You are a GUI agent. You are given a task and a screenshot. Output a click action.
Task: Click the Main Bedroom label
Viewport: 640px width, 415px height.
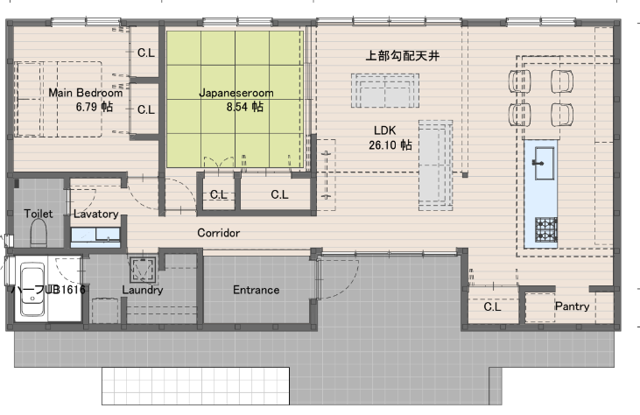point(85,93)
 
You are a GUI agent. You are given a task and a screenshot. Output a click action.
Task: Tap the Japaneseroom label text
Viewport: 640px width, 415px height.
point(236,93)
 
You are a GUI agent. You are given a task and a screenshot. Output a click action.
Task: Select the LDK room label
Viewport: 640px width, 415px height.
point(385,130)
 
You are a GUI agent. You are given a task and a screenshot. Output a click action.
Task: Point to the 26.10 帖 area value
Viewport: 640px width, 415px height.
point(390,144)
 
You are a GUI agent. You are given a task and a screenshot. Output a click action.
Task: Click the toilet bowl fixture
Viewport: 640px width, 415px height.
point(39,233)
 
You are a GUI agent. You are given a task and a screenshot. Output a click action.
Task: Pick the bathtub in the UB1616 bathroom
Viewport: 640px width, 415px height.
point(32,289)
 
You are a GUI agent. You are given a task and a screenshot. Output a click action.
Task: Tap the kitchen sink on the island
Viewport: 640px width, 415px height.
point(544,163)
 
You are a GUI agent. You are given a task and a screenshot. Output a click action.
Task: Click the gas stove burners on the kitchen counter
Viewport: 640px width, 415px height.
point(546,229)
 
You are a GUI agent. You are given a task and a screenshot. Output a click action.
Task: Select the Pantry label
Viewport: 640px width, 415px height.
point(572,306)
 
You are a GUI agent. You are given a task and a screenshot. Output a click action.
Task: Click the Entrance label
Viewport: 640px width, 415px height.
point(257,290)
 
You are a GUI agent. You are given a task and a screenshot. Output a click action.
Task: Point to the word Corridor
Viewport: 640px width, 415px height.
point(218,233)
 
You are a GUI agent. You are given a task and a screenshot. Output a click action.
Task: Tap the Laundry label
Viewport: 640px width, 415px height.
point(143,290)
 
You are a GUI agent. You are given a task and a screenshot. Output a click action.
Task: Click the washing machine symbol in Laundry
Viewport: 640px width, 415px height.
point(144,270)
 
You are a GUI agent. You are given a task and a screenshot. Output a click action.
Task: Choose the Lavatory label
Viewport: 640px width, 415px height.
point(96,214)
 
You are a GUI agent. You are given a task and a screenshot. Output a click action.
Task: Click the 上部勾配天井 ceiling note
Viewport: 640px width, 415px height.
point(402,55)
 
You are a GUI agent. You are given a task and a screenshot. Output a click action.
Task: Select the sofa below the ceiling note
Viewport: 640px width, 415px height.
point(385,90)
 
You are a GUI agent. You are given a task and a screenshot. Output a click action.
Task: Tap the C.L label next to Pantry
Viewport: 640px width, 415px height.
point(492,306)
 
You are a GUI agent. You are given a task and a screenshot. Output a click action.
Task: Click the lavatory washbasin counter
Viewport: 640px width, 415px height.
point(95,237)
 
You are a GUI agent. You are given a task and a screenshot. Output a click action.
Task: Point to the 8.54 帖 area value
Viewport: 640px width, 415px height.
point(245,107)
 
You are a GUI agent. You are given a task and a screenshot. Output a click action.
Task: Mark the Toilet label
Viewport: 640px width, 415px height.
point(38,214)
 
